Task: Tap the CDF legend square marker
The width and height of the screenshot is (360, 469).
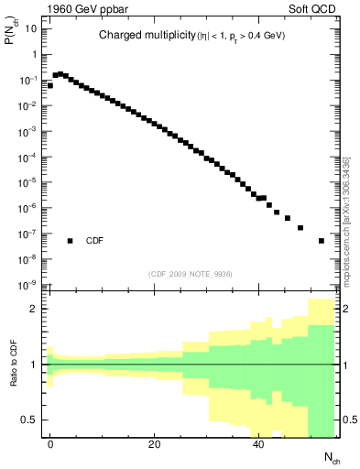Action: coord(70,241)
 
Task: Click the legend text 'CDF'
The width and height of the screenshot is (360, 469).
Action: coord(94,241)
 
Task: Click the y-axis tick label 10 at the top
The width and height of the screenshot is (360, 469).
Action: coord(31,28)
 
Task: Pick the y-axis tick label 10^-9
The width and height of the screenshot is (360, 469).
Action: coord(27,286)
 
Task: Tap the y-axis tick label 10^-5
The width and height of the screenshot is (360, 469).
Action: coord(27,182)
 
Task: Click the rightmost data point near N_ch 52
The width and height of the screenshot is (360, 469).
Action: coord(322,241)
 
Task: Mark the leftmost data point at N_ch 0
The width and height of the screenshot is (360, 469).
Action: coord(50,85)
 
